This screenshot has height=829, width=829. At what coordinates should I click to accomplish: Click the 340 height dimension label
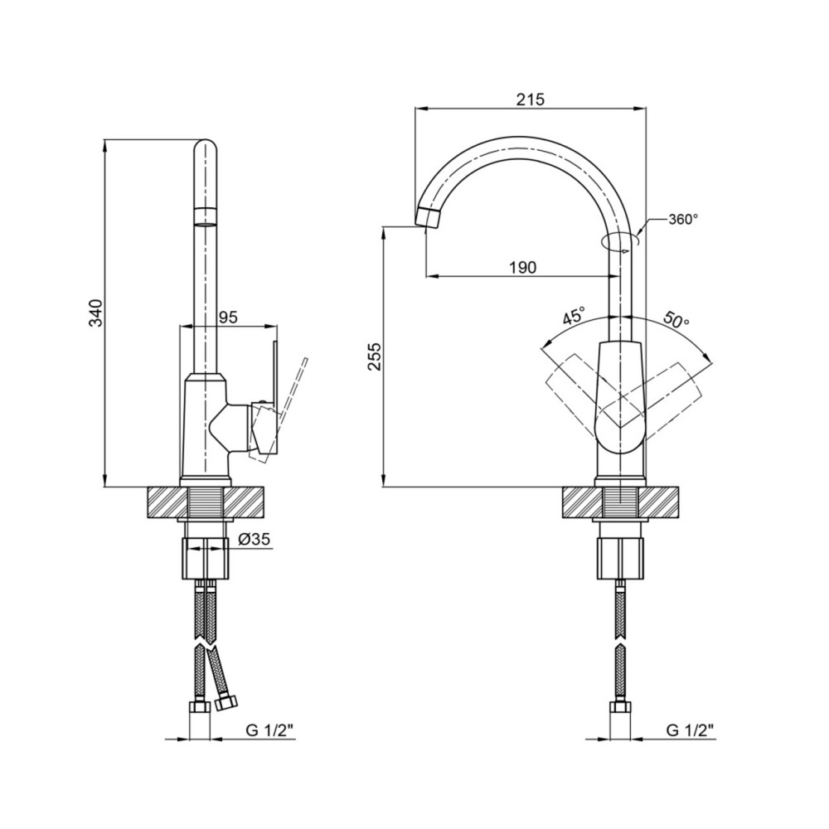click(x=96, y=313)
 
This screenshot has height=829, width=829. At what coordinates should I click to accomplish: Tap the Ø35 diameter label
click(x=254, y=540)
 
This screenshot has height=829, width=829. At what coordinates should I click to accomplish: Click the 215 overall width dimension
click(x=530, y=99)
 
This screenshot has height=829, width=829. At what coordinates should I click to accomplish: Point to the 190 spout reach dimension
click(x=523, y=267)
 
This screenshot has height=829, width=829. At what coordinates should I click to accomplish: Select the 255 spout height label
click(x=376, y=356)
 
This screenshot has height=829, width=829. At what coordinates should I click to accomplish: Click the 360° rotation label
click(x=683, y=220)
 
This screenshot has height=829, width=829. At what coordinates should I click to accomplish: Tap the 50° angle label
click(x=676, y=319)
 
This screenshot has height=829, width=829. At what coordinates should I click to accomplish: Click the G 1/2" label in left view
click(x=269, y=730)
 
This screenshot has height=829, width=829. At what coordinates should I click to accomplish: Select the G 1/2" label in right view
click(x=690, y=730)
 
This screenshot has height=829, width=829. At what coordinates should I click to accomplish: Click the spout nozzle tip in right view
click(x=429, y=218)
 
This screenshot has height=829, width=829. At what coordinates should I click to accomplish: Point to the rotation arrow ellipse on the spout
click(x=621, y=241)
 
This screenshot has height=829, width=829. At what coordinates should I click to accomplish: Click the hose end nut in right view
click(x=619, y=708)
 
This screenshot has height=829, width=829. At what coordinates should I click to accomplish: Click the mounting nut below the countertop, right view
click(x=619, y=559)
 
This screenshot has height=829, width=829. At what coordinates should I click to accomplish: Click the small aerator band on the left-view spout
click(x=206, y=217)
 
